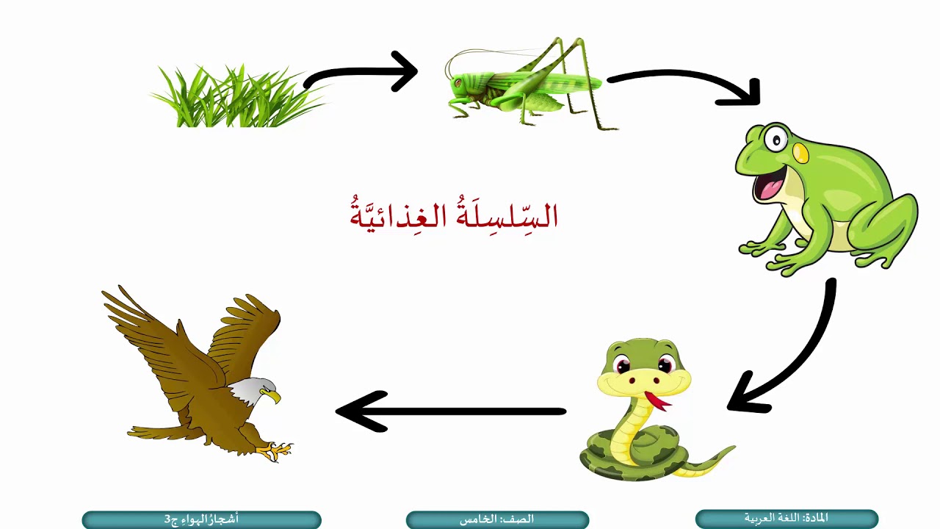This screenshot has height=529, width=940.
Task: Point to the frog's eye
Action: [x=774, y=137]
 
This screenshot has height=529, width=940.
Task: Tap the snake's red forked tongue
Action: [x=656, y=401]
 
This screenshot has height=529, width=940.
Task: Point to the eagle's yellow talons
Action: [x=278, y=449]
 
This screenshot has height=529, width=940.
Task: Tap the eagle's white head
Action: [x=253, y=390]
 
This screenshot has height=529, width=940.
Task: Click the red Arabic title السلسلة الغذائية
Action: [x=454, y=215]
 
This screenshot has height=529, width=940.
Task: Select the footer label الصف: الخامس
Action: [x=497, y=519]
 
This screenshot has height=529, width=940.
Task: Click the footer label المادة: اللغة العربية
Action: [x=787, y=518]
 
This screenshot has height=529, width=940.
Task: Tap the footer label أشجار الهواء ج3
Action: [x=201, y=519]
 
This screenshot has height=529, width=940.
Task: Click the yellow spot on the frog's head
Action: [x=801, y=153]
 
